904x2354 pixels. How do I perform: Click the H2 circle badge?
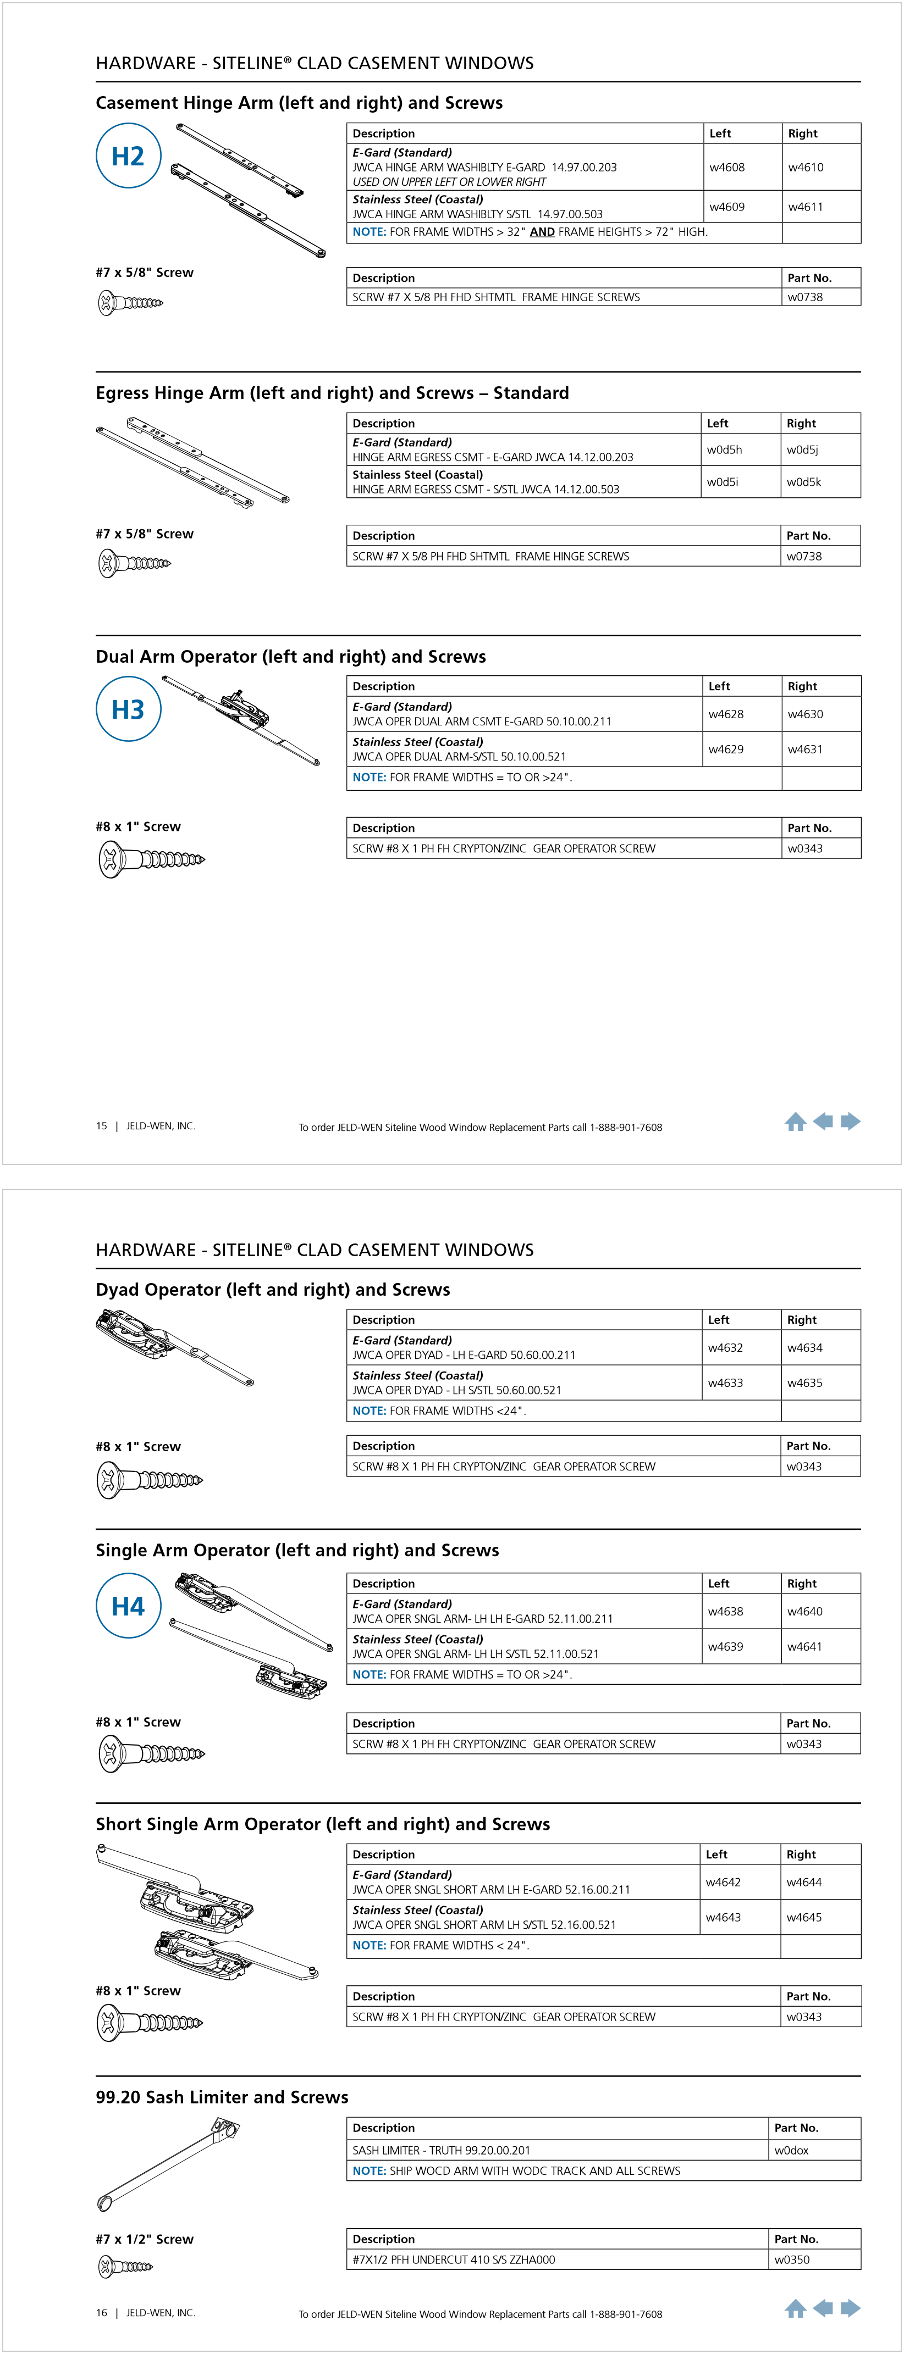tap(128, 156)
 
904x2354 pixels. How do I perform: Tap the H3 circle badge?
tap(128, 709)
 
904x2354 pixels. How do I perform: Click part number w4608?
tap(727, 167)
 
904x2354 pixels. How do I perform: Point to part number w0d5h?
tap(724, 449)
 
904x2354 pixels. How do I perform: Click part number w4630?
tap(804, 714)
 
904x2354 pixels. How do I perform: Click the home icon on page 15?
tap(795, 1122)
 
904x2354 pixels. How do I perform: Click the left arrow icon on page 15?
tap(823, 1122)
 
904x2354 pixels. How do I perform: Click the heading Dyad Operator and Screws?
tap(272, 1290)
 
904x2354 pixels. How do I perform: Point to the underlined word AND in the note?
tap(542, 232)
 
